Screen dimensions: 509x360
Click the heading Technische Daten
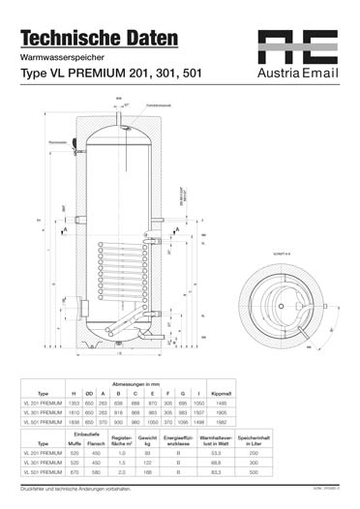[100, 39]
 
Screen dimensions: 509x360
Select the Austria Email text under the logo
[297, 73]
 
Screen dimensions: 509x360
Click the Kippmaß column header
[220, 394]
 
